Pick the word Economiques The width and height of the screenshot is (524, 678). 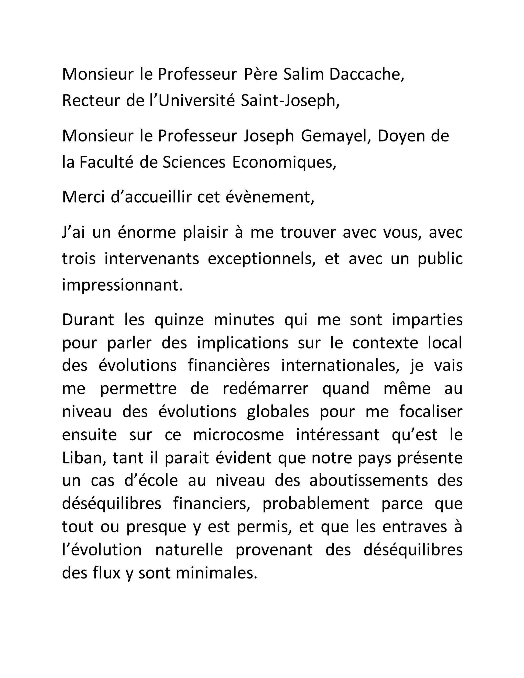coord(283,163)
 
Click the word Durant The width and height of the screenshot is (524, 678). coord(88,320)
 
